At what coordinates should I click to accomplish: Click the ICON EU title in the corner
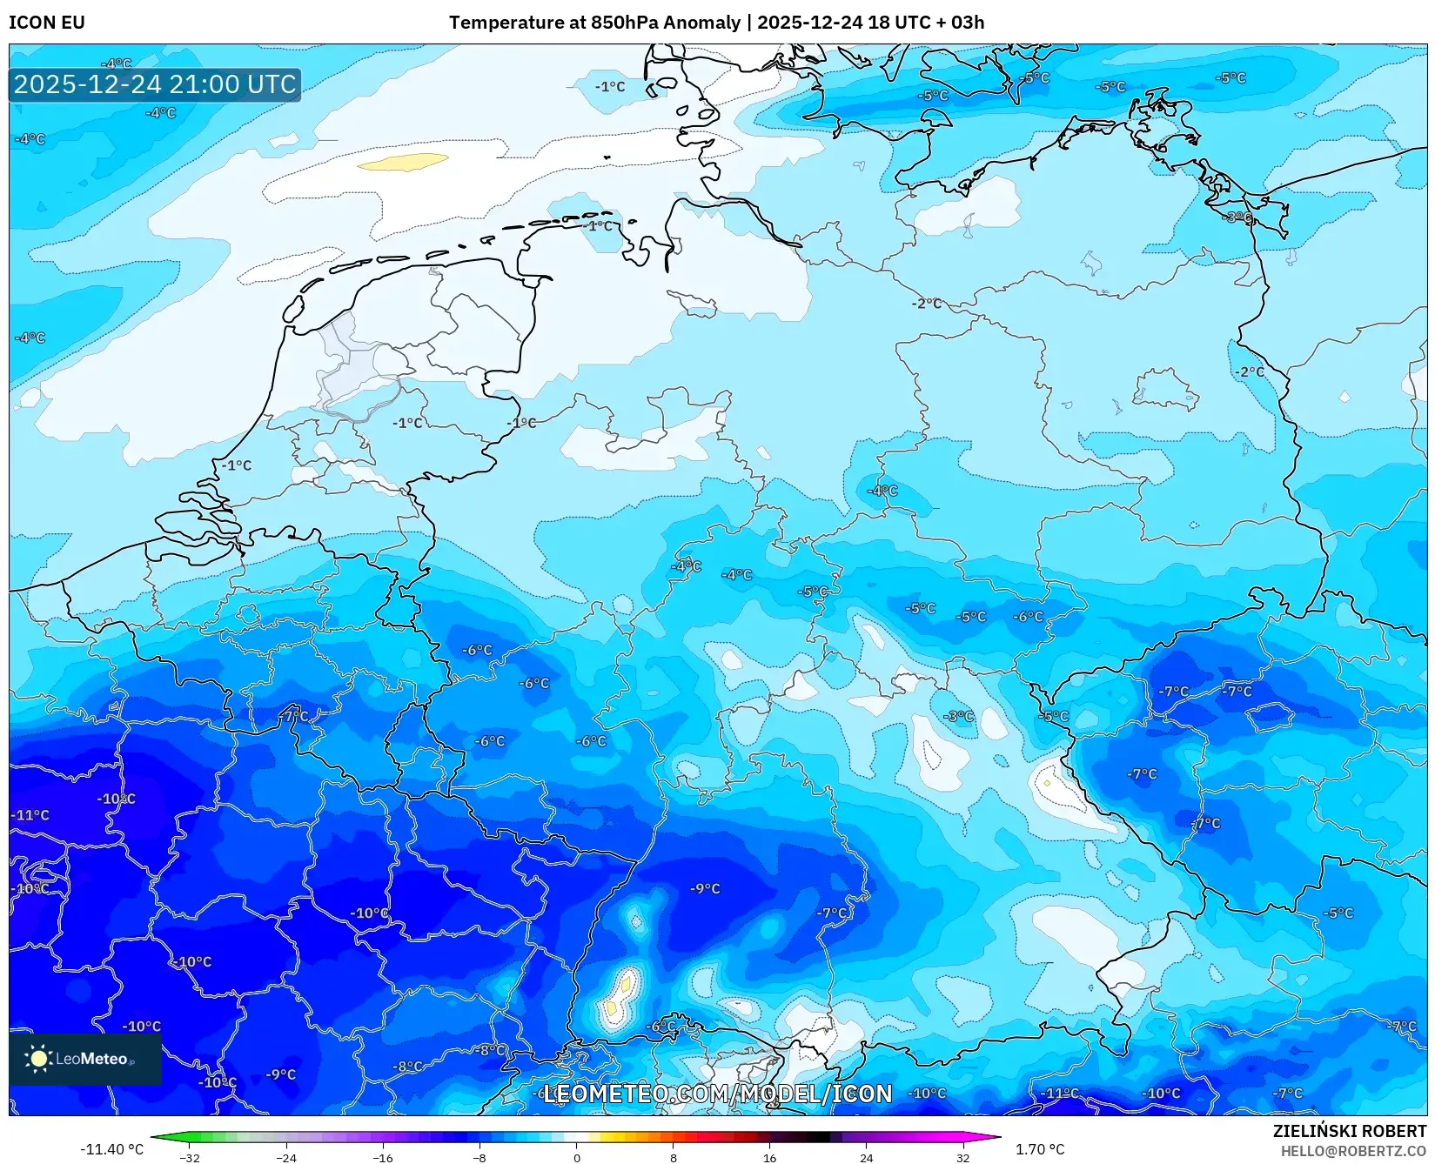click(x=47, y=23)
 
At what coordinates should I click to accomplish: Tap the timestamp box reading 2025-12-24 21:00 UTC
click(x=155, y=84)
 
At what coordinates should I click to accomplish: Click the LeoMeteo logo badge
click(x=85, y=1059)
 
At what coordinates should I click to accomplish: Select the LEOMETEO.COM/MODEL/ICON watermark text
click(x=718, y=1094)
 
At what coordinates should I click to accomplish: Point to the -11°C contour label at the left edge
click(x=30, y=815)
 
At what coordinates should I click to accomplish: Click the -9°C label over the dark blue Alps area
click(x=705, y=888)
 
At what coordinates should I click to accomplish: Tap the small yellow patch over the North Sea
click(x=403, y=162)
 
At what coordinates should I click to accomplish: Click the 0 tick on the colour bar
click(x=576, y=1157)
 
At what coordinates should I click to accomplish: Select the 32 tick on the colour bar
click(x=962, y=1157)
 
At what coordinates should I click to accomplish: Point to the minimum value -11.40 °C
click(x=111, y=1149)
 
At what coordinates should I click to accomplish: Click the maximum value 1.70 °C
click(x=1040, y=1149)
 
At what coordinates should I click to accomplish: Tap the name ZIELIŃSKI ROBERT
click(x=1350, y=1131)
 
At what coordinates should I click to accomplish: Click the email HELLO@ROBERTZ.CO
click(x=1353, y=1151)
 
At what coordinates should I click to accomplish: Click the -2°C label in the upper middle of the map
click(x=927, y=304)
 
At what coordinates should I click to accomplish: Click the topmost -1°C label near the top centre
click(x=610, y=86)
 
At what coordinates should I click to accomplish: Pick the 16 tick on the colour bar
click(x=769, y=1157)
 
